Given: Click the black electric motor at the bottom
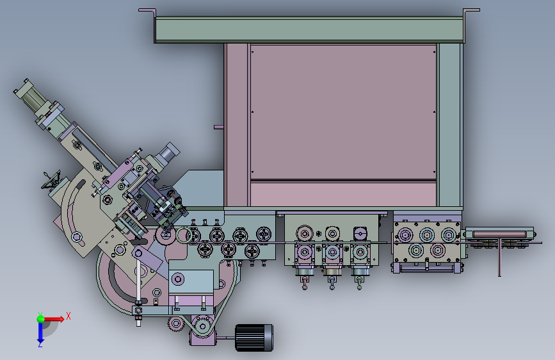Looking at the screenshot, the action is (253, 338).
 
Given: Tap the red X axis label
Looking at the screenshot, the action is (68, 316).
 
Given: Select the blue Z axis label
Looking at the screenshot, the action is (40, 344).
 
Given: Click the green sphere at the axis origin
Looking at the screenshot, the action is (41, 319).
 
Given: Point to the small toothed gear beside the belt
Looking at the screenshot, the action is (175, 324).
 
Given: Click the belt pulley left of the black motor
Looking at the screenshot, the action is (202, 326).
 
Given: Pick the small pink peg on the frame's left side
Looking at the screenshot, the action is (219, 127).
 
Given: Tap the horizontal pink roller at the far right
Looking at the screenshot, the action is (499, 234).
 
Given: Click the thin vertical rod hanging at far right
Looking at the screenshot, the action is (499, 258).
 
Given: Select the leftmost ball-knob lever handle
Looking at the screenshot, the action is (304, 283).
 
